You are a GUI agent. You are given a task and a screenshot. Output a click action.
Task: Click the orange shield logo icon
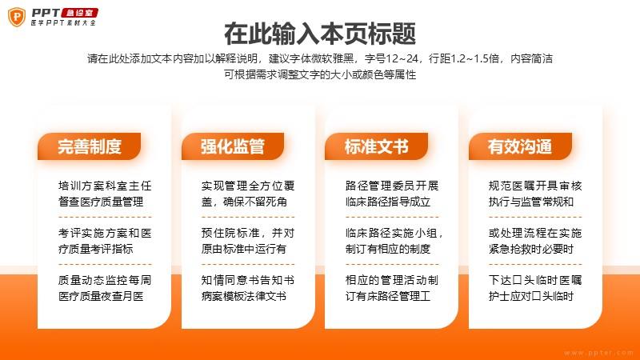[x=17, y=17]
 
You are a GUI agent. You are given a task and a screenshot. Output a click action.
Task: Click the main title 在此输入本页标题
[x=320, y=34]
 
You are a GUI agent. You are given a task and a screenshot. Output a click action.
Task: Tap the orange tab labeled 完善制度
[x=90, y=146]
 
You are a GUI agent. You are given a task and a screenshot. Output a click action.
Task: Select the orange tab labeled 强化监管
[x=233, y=146]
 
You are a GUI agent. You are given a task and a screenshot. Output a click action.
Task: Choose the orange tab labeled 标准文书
[x=376, y=146]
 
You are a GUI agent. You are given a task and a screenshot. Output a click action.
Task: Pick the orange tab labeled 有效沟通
[x=520, y=146]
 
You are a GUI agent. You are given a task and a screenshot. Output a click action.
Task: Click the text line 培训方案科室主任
[x=105, y=186]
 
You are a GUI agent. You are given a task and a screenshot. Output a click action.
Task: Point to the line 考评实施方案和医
[x=105, y=233]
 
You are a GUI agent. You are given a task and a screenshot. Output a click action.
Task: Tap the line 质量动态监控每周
[x=105, y=281]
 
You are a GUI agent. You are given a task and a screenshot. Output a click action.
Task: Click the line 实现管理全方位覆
[x=248, y=186]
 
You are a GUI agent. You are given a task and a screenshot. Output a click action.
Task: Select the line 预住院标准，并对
[x=248, y=233]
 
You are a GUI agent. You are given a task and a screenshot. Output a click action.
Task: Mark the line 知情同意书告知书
[x=248, y=281]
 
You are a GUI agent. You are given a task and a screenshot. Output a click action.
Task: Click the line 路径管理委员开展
[x=392, y=186]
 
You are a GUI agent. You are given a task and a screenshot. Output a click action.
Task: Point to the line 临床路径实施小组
[x=392, y=233]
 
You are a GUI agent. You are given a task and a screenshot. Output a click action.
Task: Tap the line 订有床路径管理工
[x=388, y=296]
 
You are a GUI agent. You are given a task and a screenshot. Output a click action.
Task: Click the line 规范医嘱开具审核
[x=535, y=186]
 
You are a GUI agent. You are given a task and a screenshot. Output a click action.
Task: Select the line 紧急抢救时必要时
[x=531, y=249]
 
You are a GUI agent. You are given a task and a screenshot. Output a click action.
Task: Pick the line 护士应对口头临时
[x=531, y=296]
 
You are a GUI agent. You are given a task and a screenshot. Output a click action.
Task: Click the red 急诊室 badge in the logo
[x=79, y=13]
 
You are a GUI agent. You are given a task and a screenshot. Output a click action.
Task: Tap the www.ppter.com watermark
[x=598, y=353]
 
